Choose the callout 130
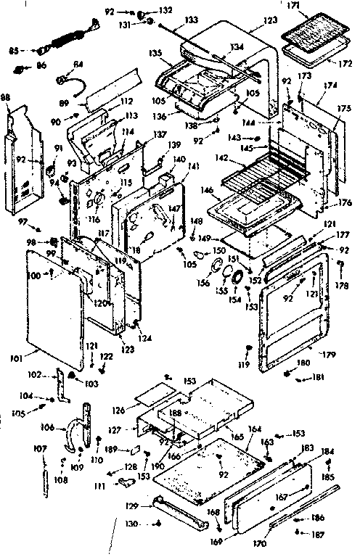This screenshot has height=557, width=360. [x=130, y=522]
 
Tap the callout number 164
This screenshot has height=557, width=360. [x=255, y=429]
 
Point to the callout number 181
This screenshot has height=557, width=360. [x=319, y=377]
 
